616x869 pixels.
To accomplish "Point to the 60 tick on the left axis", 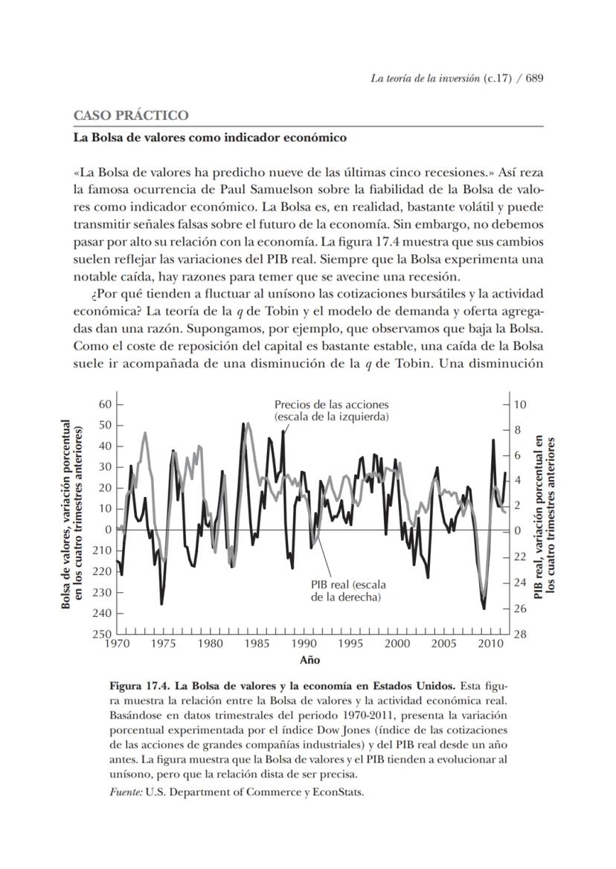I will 104,404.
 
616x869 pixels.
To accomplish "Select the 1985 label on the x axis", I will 257,644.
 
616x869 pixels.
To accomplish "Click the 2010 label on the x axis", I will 490,644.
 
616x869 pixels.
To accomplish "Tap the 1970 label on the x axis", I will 117,644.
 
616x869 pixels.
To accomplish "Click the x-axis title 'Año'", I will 309,660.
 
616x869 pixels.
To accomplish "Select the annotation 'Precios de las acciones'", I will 331,404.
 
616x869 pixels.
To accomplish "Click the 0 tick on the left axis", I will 108,530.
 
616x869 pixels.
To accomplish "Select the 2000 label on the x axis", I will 397,644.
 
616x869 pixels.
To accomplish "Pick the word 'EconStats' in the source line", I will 339,792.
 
